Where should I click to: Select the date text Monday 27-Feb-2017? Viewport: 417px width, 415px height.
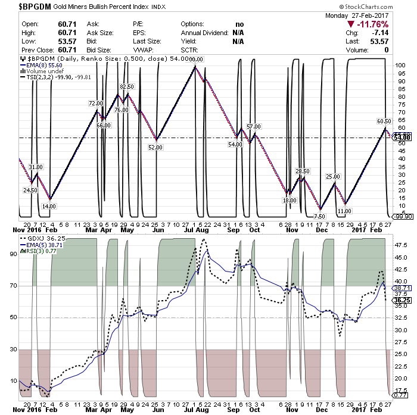[x=356, y=15]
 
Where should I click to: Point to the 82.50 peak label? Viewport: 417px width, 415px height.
[x=127, y=87]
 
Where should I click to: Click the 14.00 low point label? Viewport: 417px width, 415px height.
[x=49, y=206]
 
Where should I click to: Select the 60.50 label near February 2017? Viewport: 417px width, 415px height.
[x=384, y=121]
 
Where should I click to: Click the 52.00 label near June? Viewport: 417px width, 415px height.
[x=155, y=146]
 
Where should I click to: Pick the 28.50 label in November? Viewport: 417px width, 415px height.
[x=303, y=171]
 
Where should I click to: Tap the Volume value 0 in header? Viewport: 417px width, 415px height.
[x=386, y=50]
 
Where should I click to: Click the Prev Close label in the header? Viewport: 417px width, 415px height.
[x=20, y=50]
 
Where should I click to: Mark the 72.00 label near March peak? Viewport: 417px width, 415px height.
[x=96, y=103]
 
